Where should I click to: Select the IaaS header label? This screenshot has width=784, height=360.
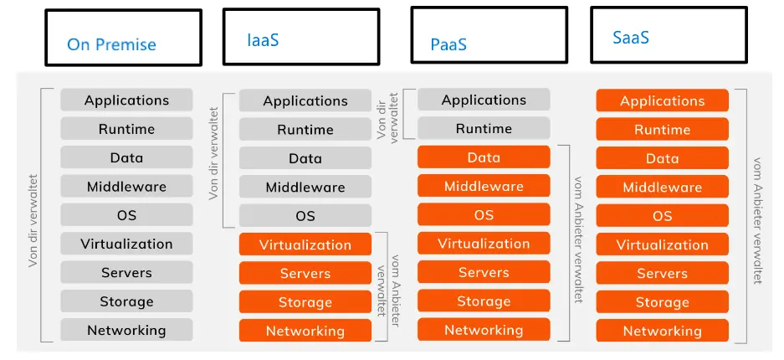(263, 39)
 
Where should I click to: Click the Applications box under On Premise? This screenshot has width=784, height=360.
(126, 100)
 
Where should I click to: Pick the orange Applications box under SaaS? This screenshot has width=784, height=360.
(662, 101)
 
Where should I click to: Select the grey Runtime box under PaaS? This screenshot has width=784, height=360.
(484, 129)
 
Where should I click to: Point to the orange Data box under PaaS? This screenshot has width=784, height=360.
(484, 157)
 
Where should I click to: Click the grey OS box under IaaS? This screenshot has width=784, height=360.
(305, 216)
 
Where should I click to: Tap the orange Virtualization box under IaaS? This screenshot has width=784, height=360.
(305, 245)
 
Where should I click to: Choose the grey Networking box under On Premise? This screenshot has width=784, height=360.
(126, 331)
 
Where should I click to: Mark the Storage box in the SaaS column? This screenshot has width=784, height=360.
(662, 302)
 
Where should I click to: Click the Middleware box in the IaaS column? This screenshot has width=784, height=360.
(305, 188)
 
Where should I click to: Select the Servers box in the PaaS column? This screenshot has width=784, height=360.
(484, 273)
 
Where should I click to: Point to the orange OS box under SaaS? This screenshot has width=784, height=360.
(662, 216)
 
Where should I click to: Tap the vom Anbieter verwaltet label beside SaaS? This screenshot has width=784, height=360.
(757, 220)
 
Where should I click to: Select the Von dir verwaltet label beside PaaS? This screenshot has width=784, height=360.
(387, 115)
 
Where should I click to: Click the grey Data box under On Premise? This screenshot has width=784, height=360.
(126, 158)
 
